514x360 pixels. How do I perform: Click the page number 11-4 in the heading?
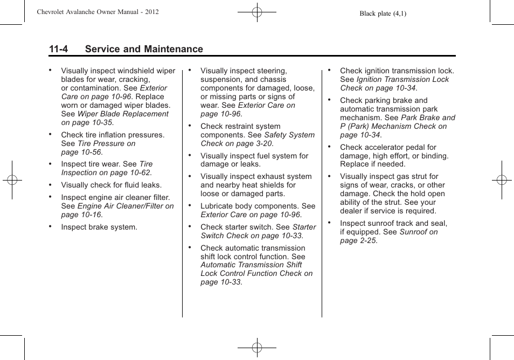click(58, 49)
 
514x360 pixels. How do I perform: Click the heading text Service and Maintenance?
click(144, 49)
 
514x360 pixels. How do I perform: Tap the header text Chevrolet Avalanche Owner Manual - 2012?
click(98, 12)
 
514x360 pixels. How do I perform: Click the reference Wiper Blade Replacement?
click(123, 114)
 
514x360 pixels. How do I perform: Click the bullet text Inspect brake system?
click(99, 227)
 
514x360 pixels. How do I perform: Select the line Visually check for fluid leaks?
click(111, 185)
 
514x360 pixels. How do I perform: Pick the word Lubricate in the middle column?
click(217, 206)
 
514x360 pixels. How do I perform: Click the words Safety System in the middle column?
click(289, 135)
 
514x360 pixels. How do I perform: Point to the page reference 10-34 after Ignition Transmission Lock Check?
click(405, 88)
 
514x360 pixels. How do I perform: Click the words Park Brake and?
click(428, 117)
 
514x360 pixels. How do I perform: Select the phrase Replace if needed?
click(372, 164)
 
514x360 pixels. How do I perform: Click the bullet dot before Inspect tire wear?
click(50, 164)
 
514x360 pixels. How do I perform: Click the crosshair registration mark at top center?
click(257, 11)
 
